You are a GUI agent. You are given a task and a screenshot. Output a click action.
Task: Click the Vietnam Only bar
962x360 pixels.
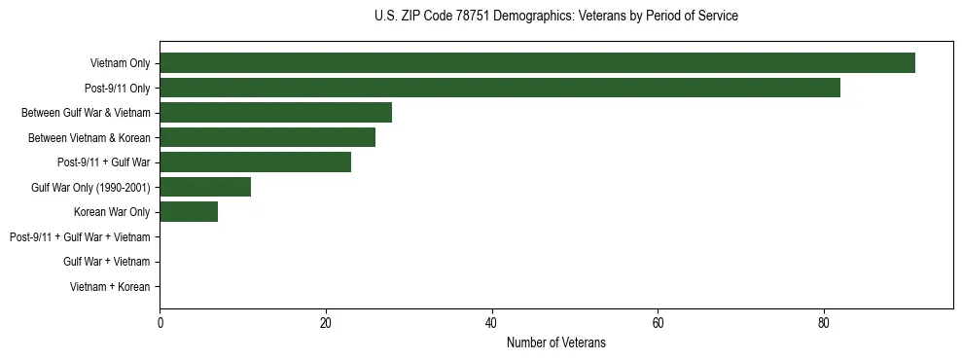tap(537, 63)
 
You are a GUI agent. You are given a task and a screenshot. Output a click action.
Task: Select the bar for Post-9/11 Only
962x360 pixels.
tap(499, 88)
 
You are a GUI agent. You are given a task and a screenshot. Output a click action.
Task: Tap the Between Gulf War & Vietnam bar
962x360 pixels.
tap(275, 113)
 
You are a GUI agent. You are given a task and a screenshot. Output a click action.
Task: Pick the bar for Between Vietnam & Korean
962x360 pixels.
tap(267, 137)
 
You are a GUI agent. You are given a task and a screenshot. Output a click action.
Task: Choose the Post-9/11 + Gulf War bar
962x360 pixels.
tap(255, 162)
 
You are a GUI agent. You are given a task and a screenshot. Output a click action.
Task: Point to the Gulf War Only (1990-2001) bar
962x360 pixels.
tap(205, 187)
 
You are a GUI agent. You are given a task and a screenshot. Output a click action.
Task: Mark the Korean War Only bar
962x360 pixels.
tap(189, 212)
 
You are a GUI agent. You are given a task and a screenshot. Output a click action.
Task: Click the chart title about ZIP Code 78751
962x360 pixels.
tap(555, 17)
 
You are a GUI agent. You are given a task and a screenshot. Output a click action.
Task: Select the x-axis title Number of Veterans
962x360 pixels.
tap(555, 342)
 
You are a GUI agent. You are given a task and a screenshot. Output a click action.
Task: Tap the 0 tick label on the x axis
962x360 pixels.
tap(160, 323)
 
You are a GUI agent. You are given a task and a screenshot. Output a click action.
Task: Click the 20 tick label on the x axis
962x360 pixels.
tap(326, 323)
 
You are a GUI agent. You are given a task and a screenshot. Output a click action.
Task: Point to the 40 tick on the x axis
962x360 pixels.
tap(492, 323)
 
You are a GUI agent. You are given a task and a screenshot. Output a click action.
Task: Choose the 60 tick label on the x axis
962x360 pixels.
tap(658, 323)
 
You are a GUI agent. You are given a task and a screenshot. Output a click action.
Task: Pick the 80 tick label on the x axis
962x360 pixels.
tap(824, 323)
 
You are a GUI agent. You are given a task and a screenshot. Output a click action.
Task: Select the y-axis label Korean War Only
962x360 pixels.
tap(112, 212)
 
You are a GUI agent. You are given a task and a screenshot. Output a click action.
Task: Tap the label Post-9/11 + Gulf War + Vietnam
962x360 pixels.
tap(80, 236)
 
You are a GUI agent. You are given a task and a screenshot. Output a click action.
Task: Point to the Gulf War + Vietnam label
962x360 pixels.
tap(107, 262)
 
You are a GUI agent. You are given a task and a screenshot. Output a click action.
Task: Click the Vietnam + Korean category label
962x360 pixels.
tap(110, 286)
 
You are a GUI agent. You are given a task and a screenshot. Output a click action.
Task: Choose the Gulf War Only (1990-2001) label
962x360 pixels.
tap(90, 187)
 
